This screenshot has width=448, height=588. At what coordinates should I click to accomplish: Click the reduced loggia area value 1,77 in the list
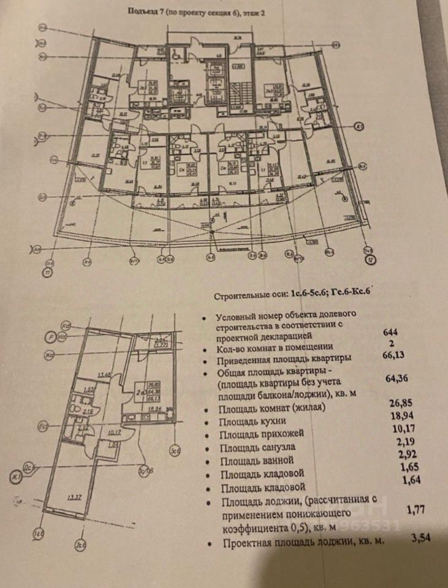tap(416, 508)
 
